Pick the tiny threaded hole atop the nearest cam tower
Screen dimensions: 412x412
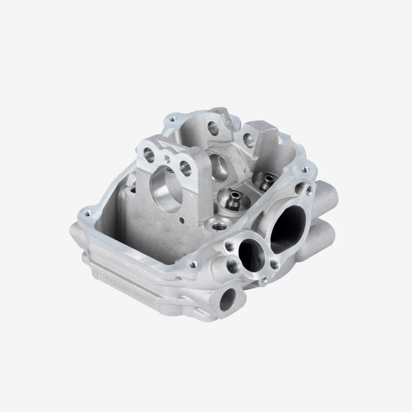point(167,158)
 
